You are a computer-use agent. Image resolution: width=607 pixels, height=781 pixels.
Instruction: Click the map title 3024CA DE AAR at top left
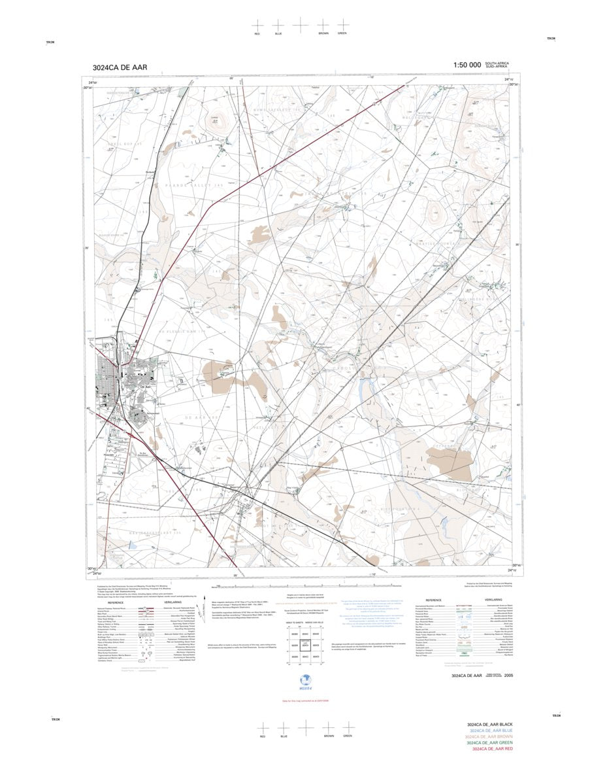click(120, 67)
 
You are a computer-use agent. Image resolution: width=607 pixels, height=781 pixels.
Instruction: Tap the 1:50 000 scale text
click(467, 65)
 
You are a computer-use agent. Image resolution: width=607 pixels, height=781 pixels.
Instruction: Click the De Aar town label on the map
click(146, 387)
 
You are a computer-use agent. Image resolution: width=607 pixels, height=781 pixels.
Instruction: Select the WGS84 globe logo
click(303, 682)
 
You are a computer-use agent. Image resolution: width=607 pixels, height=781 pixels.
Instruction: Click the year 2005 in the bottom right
click(517, 675)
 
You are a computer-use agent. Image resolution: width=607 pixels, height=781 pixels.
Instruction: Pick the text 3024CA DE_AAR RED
click(493, 749)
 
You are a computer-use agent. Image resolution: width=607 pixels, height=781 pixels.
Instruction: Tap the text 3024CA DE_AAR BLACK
click(493, 725)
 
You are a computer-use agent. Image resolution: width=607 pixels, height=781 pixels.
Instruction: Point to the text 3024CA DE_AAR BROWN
click(493, 737)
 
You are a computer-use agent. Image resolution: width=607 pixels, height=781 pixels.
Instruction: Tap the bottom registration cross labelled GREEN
click(348, 727)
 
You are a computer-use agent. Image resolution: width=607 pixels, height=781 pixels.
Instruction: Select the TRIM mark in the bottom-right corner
click(556, 716)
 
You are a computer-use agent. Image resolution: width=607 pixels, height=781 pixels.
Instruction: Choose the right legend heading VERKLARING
click(493, 599)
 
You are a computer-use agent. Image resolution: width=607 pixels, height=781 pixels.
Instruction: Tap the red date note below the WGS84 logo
click(303, 701)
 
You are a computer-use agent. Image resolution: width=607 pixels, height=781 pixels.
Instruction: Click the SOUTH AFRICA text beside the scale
click(497, 63)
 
